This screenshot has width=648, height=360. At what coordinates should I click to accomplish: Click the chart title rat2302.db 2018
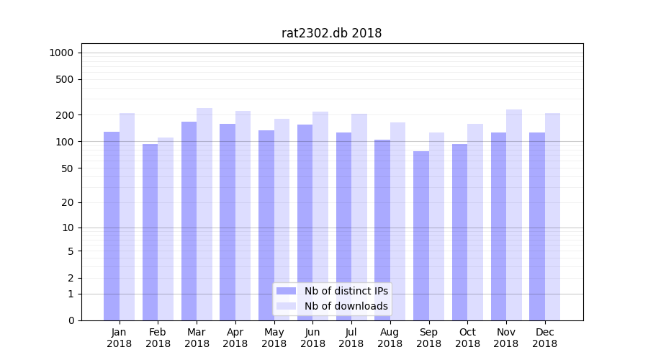click(x=331, y=33)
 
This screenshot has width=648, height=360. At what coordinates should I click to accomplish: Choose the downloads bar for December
click(x=553, y=217)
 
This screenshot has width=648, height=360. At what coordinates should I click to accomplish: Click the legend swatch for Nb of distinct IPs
click(x=287, y=291)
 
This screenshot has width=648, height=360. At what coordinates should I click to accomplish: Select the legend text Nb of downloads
click(x=346, y=306)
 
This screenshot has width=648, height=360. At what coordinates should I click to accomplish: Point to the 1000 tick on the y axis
click(x=61, y=53)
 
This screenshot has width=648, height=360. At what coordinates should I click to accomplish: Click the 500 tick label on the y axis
click(x=65, y=79)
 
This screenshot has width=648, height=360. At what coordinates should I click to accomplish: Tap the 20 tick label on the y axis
click(x=68, y=202)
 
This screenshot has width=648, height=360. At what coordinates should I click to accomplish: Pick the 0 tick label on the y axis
click(x=71, y=320)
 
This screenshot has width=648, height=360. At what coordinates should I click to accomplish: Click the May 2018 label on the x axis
click(x=274, y=338)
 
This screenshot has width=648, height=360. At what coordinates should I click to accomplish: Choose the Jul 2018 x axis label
click(x=351, y=338)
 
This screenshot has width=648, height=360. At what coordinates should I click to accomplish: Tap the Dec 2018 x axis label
click(x=545, y=338)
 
